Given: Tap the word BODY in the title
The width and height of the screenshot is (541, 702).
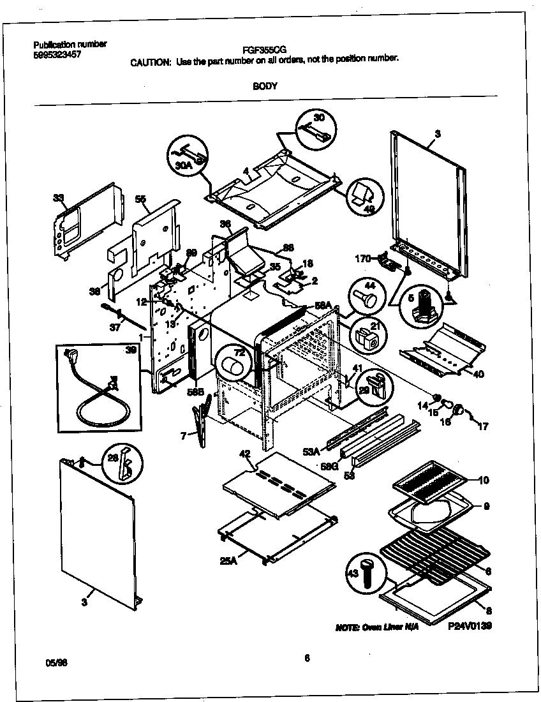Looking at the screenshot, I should [265, 86].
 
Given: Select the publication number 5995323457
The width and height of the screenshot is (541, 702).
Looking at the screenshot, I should [57, 54].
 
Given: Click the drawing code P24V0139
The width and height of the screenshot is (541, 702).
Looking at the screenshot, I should [470, 627].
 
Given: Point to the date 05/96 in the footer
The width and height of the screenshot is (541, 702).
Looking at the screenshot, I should [57, 663].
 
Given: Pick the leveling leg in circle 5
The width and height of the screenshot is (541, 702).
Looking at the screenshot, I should [422, 309].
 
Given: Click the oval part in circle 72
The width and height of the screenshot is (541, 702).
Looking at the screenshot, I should [234, 367].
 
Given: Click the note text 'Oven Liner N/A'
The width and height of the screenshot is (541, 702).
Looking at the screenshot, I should [377, 628].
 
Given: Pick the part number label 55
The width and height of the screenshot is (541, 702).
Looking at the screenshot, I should [141, 199].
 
